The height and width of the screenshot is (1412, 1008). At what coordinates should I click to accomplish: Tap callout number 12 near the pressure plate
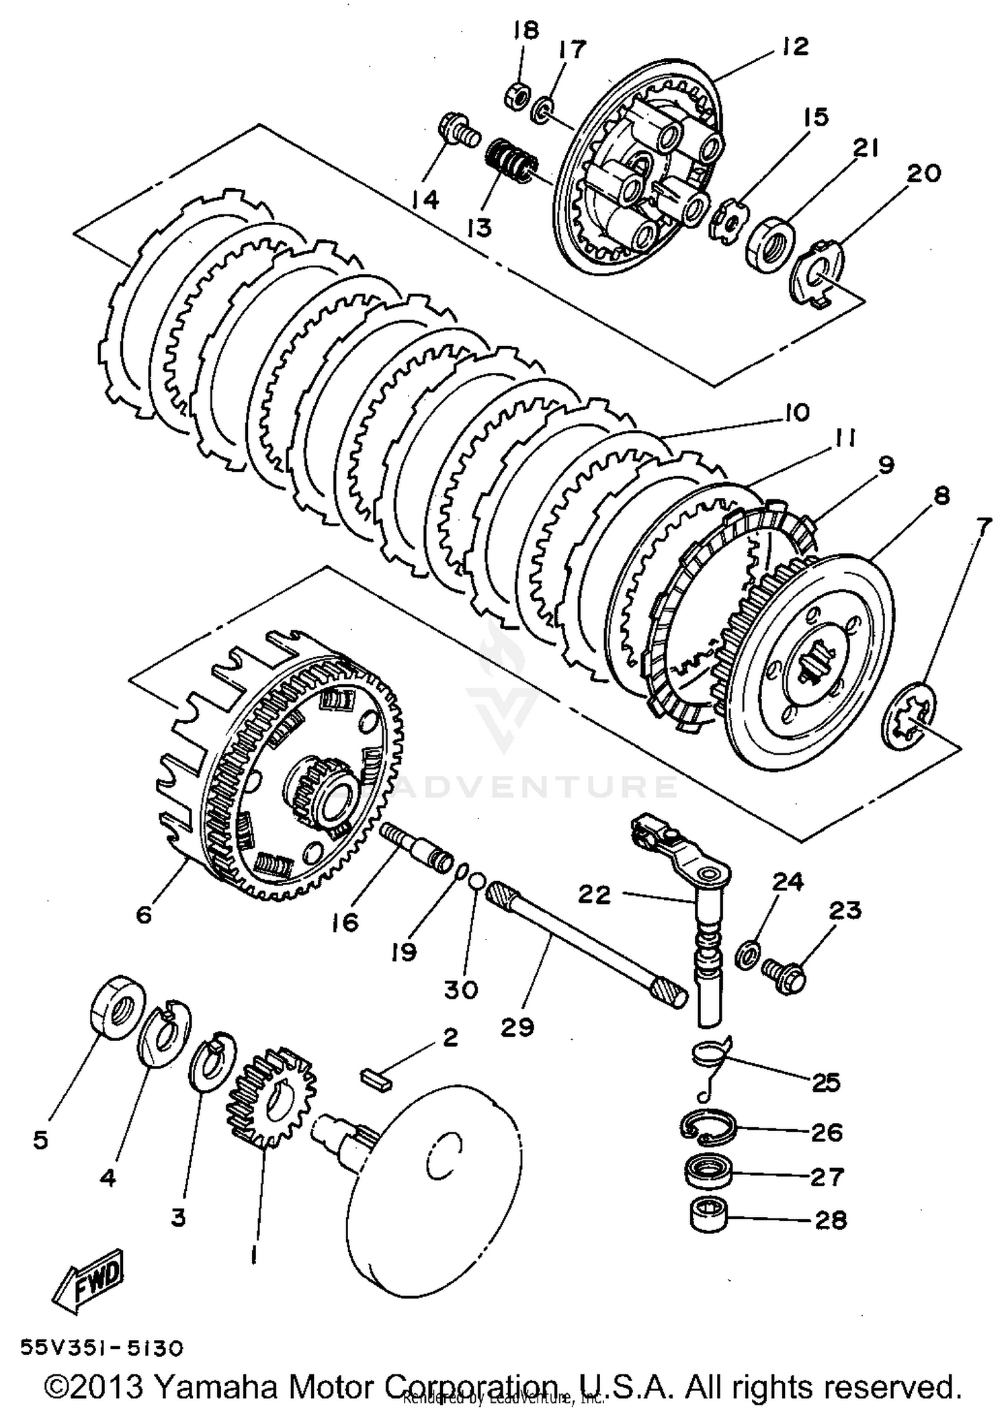(x=794, y=46)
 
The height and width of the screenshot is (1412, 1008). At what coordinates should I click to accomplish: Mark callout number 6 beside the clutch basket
(x=143, y=915)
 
